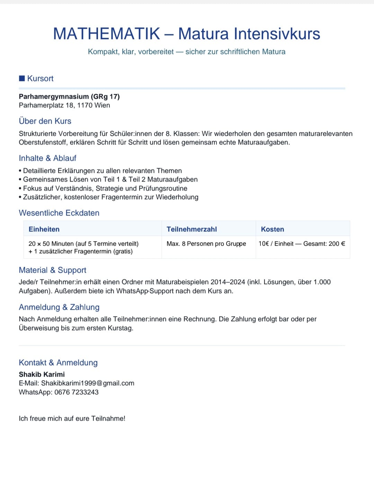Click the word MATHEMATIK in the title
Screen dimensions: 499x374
pyautogui.click(x=107, y=34)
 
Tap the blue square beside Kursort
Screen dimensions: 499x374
pyautogui.click(x=22, y=78)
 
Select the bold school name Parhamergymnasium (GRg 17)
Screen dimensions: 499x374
pyautogui.click(x=69, y=97)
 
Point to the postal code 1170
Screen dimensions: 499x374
pyautogui.click(x=85, y=105)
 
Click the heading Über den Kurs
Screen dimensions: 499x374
pyautogui.click(x=45, y=121)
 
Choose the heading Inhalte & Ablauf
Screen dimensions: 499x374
pyautogui.click(x=47, y=158)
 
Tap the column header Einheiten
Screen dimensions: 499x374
pyautogui.click(x=44, y=229)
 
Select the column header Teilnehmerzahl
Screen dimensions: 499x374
pyautogui.click(x=192, y=229)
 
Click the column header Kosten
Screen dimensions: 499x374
pyautogui.click(x=273, y=229)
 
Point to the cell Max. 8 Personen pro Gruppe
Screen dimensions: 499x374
pyautogui.click(x=206, y=244)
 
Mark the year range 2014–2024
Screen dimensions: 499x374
pyautogui.click(x=228, y=282)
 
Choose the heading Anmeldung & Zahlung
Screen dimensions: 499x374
pyautogui.click(x=59, y=307)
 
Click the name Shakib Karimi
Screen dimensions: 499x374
pyautogui.click(x=42, y=375)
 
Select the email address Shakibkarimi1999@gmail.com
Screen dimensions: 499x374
pyautogui.click(x=88, y=383)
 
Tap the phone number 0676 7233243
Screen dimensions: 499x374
pyautogui.click(x=77, y=392)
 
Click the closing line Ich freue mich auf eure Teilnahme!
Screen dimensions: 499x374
pyautogui.click(x=72, y=419)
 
